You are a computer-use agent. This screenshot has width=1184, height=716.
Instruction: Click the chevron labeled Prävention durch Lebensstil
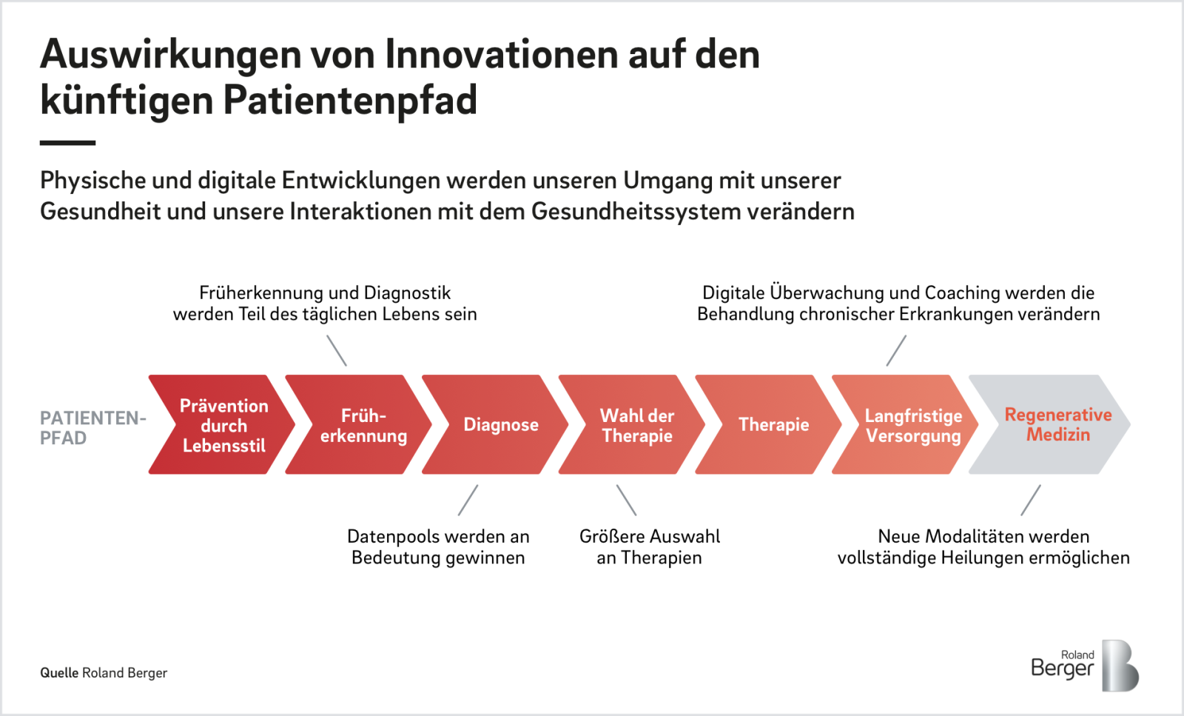222,424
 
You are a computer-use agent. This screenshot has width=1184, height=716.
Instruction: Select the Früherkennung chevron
360,424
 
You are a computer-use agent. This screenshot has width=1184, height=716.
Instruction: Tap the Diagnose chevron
497,424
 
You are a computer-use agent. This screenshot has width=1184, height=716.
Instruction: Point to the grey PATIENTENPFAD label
92,428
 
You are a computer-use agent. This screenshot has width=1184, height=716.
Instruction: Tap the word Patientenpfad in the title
350,101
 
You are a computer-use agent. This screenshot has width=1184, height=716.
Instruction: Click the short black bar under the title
67,143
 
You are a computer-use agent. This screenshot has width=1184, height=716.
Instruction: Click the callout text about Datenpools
438,546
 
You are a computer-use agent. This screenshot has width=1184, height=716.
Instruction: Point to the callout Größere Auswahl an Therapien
650,546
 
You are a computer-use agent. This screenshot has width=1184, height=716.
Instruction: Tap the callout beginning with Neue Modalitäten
983,546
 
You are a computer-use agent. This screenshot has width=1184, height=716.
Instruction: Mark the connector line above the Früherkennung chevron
337,351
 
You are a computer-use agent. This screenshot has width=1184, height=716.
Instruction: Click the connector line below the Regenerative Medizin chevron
1031,501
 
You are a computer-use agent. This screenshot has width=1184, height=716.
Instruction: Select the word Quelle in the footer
59,672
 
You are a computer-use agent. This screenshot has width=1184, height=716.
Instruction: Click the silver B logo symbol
1120,665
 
